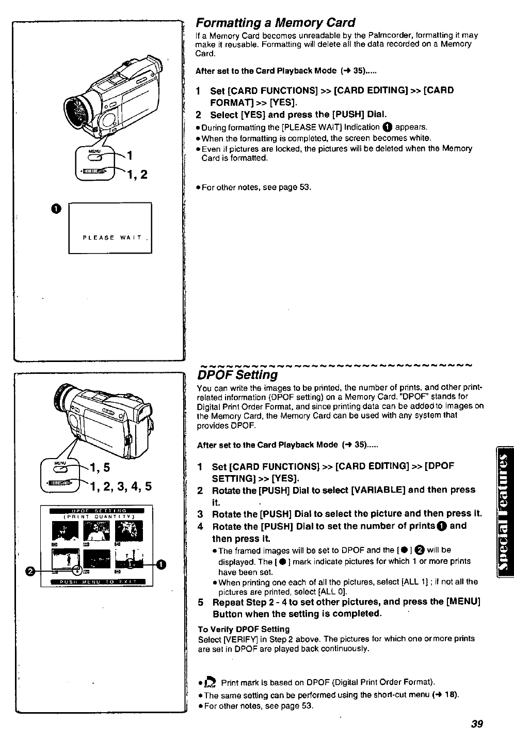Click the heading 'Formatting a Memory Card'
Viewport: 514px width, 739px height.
tap(275, 23)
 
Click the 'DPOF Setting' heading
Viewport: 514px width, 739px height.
tap(237, 374)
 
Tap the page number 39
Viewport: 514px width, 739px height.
tap(476, 724)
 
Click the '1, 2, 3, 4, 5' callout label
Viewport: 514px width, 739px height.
tap(122, 486)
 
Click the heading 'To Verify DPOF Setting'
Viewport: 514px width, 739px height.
tap(244, 629)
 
